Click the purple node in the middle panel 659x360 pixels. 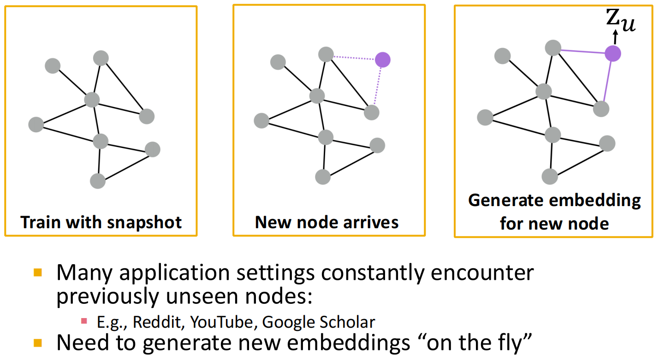coord(382,60)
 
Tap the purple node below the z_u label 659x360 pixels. coord(613,53)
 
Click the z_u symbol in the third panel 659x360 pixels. coord(621,20)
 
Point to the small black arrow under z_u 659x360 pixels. coord(615,37)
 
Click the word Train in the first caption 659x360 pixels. coord(41,222)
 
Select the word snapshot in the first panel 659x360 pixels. coord(144,223)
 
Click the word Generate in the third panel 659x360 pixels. coord(506,201)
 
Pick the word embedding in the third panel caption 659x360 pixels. coord(595,201)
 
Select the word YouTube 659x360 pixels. coord(221,322)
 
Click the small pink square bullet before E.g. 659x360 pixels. coord(84,321)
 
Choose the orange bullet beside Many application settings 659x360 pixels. coord(38,272)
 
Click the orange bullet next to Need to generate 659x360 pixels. coord(38,343)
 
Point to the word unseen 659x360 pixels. coord(202,296)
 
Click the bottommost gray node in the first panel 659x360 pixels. coord(98,181)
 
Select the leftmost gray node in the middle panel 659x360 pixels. coord(261,121)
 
